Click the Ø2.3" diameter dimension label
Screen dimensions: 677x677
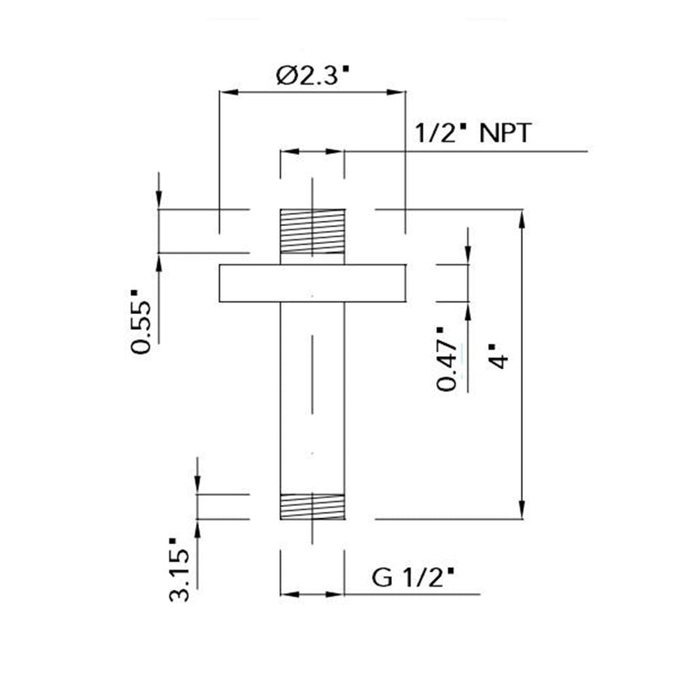(x=312, y=75)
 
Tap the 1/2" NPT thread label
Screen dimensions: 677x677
(x=473, y=133)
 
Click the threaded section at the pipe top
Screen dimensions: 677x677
(x=312, y=231)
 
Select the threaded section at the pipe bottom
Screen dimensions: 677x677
(x=312, y=506)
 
